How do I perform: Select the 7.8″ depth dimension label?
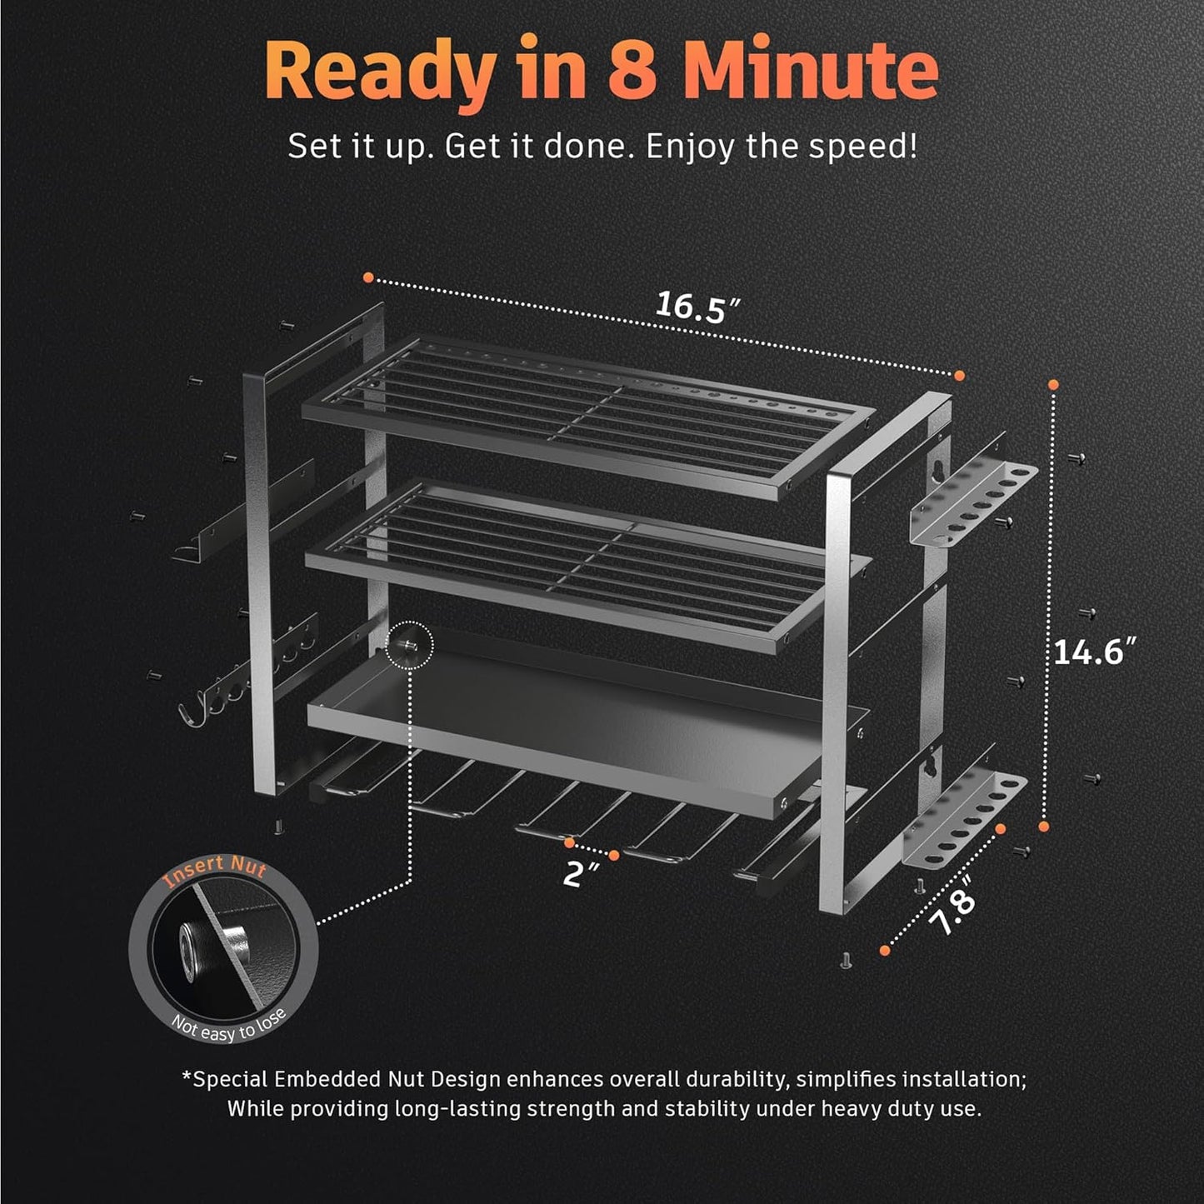pos(952,912)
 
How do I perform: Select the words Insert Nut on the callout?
pos(215,872)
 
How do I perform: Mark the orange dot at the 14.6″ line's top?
pos(1053,385)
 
